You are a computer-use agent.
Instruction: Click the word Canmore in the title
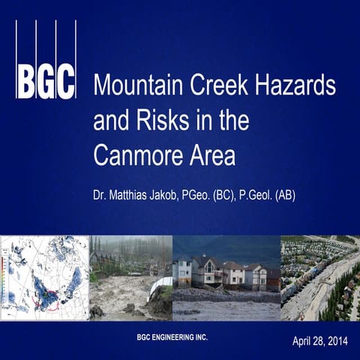pyautogui.click(x=136, y=155)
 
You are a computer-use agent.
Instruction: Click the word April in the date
pyautogui.click(x=302, y=341)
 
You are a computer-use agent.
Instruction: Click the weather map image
pyautogui.click(x=44, y=277)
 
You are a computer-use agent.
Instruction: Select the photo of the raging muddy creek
pyautogui.click(x=130, y=277)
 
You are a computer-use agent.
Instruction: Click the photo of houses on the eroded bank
pyautogui.click(x=226, y=277)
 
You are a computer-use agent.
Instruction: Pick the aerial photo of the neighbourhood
pyautogui.click(x=319, y=277)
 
